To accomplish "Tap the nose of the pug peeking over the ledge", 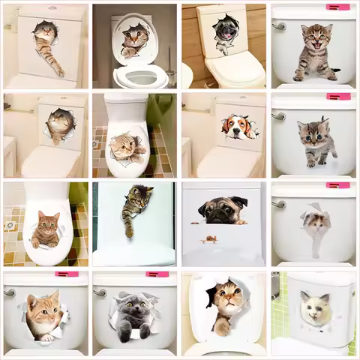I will coord(220,216).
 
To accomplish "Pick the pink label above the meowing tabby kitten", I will coord(337,7).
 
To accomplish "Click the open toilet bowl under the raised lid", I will coord(140,76).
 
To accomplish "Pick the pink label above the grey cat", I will coord(157,274).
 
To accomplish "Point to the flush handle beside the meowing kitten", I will coord(279,26).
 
